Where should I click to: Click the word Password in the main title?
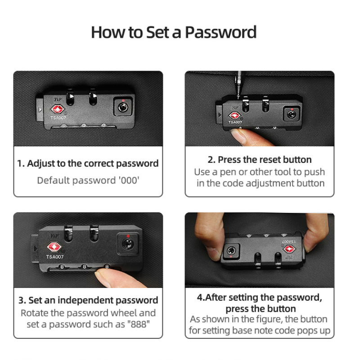[x=220, y=32]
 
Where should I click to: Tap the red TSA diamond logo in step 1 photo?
[x=58, y=109]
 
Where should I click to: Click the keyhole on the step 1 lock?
[x=123, y=107]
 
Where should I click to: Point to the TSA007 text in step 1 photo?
[x=58, y=118]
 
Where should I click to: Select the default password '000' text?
[x=129, y=180]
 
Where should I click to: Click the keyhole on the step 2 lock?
[x=292, y=114]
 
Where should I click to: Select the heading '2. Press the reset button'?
[x=260, y=160]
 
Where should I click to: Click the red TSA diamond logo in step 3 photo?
[x=54, y=247]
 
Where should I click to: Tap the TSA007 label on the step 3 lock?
[x=55, y=257]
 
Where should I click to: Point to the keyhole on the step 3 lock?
[x=127, y=244]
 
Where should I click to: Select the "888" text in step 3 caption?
[x=139, y=324]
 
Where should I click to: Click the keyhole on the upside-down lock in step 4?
[x=231, y=251]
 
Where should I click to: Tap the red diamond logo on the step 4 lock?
[x=289, y=249]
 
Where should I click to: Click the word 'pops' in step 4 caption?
[x=307, y=331]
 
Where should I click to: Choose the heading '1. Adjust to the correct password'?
[x=88, y=163]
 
